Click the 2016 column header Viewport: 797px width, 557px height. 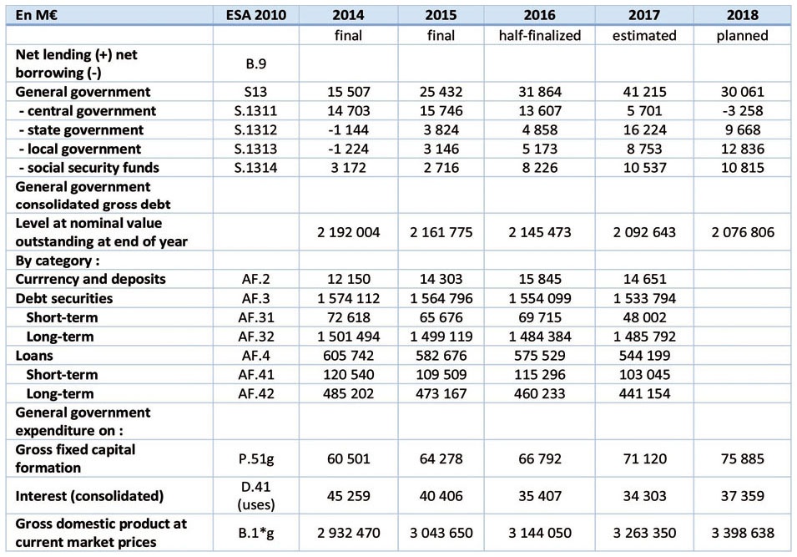tap(539, 15)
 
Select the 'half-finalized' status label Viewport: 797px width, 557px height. tap(539, 36)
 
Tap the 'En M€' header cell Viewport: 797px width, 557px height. tap(36, 15)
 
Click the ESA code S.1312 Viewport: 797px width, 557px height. tap(255, 129)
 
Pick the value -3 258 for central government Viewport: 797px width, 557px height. tap(742, 111)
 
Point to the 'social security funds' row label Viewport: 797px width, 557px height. tap(89, 168)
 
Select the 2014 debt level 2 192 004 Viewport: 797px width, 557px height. tap(348, 232)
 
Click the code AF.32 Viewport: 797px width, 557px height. tap(255, 337)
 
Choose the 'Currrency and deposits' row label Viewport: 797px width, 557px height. tap(90, 279)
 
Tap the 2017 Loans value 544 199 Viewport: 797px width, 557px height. tap(644, 356)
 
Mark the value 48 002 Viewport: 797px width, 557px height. tap(644, 317)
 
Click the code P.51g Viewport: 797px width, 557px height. tap(255, 458)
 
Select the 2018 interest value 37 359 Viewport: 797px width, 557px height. tap(742, 496)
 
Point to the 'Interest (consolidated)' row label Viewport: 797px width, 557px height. tap(89, 496)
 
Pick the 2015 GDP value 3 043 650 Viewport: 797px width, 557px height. tap(441, 533)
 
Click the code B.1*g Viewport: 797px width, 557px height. tap(255, 533)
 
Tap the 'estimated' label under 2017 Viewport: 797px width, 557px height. tap(644, 36)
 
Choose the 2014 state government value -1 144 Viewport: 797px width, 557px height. tap(348, 129)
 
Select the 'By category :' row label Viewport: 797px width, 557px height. tap(58, 261)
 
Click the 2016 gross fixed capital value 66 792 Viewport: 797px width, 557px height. tap(539, 458)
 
